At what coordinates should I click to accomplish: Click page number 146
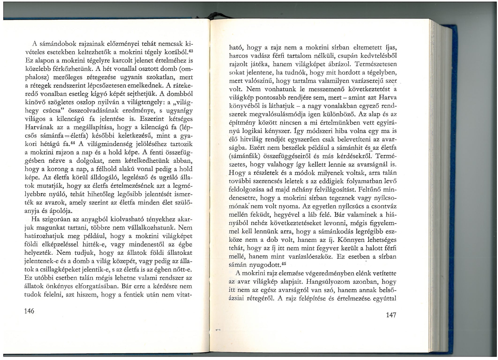pos(29,311)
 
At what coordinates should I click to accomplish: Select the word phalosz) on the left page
pos(35,77)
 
